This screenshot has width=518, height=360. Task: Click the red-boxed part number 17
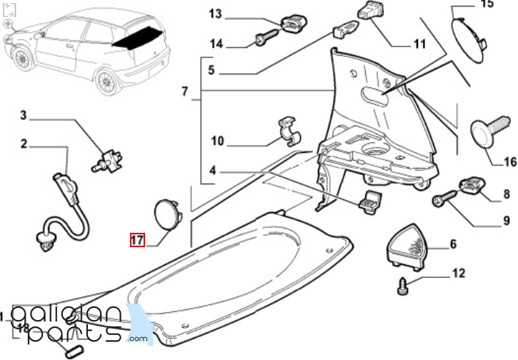pos(136,239)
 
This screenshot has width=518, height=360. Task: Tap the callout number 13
pos(216,14)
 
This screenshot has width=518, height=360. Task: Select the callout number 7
pos(184,92)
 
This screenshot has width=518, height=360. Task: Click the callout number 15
pos(487,4)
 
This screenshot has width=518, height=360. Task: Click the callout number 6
pos(452,245)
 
